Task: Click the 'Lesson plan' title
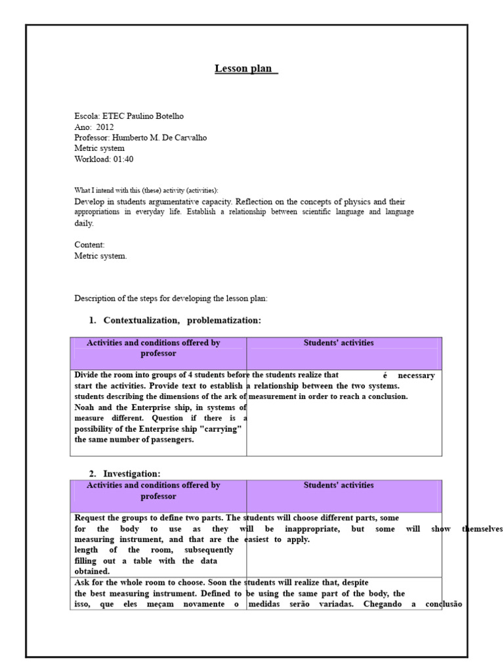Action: pyautogui.click(x=246, y=69)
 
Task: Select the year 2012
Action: pyautogui.click(x=104, y=127)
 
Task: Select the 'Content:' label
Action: pyautogui.click(x=89, y=245)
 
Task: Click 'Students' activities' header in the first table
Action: pyautogui.click(x=339, y=343)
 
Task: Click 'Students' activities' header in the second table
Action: pyautogui.click(x=339, y=486)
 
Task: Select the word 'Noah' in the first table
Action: pyautogui.click(x=85, y=408)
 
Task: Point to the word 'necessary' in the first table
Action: pyautogui.click(x=416, y=375)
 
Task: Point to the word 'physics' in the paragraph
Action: pyautogui.click(x=352, y=201)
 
